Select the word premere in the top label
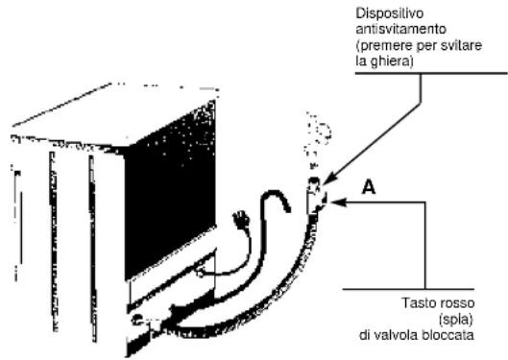[x=394, y=44]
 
